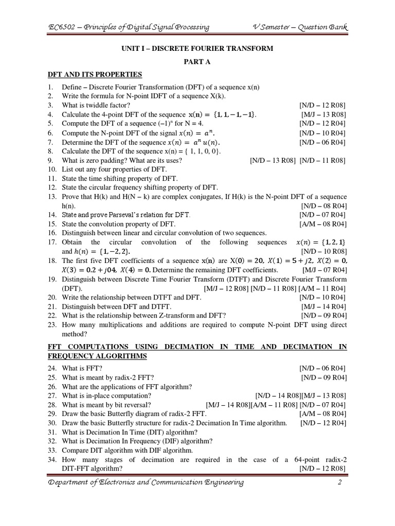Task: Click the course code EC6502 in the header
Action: [x=61, y=27]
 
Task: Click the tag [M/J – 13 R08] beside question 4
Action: [x=322, y=114]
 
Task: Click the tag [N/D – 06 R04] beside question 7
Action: [x=322, y=142]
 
